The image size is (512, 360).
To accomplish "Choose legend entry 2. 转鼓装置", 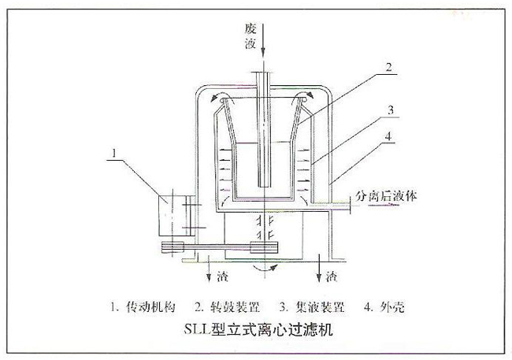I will [x=228, y=305].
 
